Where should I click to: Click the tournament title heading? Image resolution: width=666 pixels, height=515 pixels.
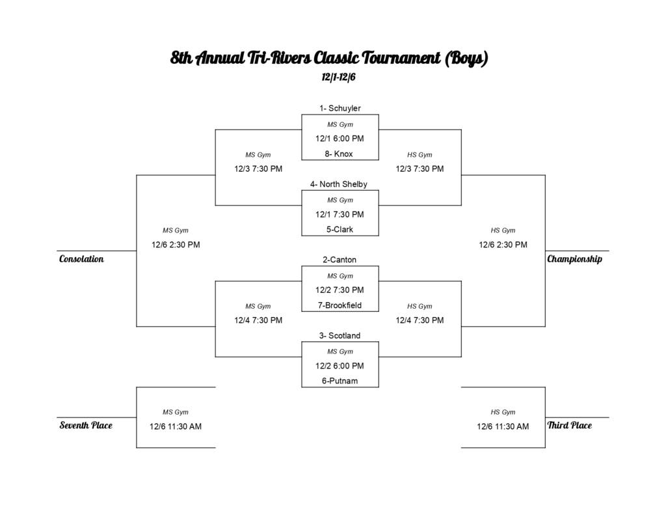tap(329, 59)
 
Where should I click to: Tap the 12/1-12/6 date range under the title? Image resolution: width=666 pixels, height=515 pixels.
tap(338, 77)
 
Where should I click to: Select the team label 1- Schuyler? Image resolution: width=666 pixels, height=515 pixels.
tap(340, 108)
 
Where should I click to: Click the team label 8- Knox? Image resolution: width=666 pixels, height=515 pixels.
tap(339, 154)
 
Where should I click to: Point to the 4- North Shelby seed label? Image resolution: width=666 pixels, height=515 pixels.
tap(339, 184)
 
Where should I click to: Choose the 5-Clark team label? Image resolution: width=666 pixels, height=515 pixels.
tap(340, 230)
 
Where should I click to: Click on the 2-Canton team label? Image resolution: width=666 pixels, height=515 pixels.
tap(340, 260)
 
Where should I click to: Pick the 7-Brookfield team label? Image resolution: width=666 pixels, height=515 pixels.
tap(340, 305)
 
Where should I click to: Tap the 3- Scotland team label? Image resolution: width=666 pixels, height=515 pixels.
tap(340, 336)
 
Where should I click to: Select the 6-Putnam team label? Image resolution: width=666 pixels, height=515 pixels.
tap(340, 381)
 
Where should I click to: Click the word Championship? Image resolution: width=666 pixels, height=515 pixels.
tap(574, 259)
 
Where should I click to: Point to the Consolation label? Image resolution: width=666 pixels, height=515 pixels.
tap(81, 259)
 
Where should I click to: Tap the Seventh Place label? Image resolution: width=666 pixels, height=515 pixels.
tap(86, 426)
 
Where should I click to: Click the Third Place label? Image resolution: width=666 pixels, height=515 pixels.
tap(570, 426)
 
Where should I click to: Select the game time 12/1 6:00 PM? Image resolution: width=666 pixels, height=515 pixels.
tap(340, 139)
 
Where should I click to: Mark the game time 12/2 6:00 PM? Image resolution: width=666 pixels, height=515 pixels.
tap(340, 366)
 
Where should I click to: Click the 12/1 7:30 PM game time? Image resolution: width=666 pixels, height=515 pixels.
tap(340, 214)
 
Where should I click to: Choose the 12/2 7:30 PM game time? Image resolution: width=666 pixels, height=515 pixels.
tap(340, 290)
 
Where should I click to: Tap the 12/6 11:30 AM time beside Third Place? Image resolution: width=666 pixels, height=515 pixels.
tap(503, 427)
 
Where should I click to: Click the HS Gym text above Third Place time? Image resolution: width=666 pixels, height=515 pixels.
tap(503, 412)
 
